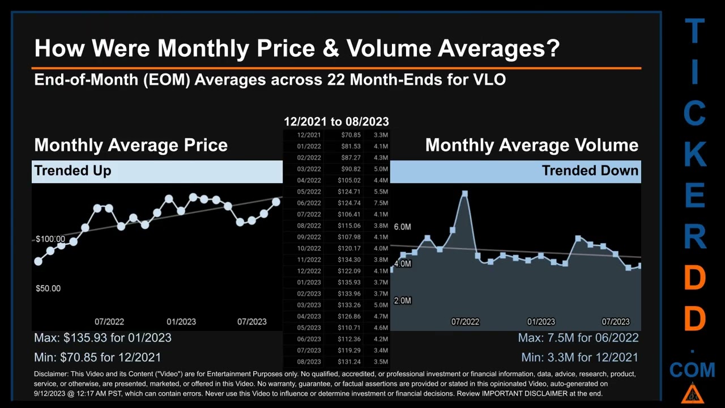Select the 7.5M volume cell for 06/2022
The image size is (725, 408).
click(381, 203)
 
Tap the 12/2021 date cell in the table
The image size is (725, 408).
click(309, 135)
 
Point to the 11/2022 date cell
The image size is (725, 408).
click(309, 260)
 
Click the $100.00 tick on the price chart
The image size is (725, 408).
click(50, 239)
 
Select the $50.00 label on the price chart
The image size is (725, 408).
click(48, 288)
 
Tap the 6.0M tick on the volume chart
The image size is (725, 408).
click(402, 227)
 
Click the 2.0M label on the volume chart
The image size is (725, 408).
click(402, 300)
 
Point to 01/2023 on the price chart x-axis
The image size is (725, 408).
click(181, 321)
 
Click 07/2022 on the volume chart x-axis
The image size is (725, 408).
click(465, 321)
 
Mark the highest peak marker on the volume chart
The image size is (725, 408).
click(464, 194)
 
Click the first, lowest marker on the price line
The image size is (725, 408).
click(38, 261)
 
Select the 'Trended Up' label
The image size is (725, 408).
click(72, 171)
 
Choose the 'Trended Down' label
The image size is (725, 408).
click(590, 171)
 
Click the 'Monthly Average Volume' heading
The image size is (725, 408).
click(531, 145)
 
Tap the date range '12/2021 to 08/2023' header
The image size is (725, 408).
click(336, 121)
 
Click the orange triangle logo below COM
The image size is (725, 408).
click(692, 393)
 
